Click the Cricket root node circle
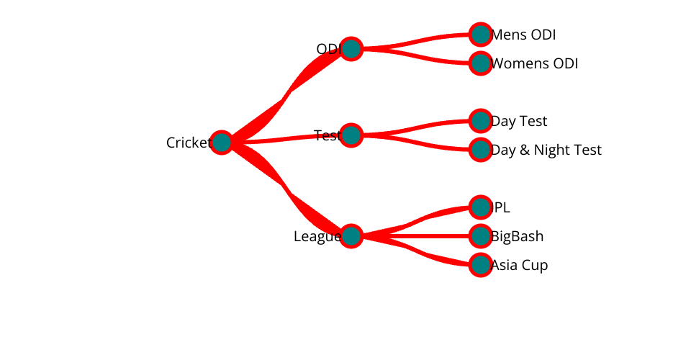point(222,143)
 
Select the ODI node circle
point(351,49)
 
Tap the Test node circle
point(351,135)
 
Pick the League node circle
point(351,236)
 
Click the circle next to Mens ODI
point(480,35)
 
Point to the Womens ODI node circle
point(480,63)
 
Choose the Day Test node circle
point(480,121)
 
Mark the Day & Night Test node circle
point(480,150)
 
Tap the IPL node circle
point(480,207)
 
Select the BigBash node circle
point(480,236)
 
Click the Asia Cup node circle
point(480,265)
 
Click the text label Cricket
point(188,143)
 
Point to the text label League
point(316,236)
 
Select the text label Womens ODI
point(535,63)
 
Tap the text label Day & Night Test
point(546,150)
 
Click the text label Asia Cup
point(520,265)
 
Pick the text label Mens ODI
point(524,35)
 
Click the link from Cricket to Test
point(288,138)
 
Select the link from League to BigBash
point(417,236)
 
